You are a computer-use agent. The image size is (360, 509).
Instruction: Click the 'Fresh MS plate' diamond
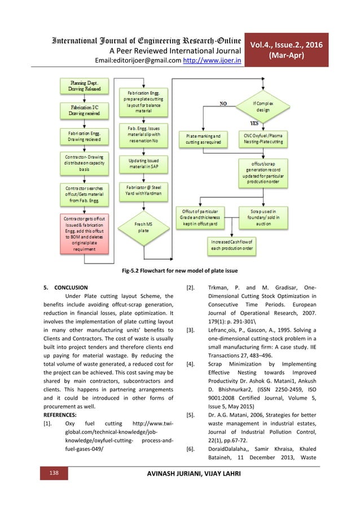(x=142, y=227)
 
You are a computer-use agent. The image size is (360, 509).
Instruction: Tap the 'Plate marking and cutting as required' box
(x=203, y=139)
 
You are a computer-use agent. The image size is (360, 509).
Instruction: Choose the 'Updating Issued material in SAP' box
(x=142, y=164)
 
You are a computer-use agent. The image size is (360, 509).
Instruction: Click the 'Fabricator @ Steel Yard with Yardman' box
(x=142, y=191)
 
